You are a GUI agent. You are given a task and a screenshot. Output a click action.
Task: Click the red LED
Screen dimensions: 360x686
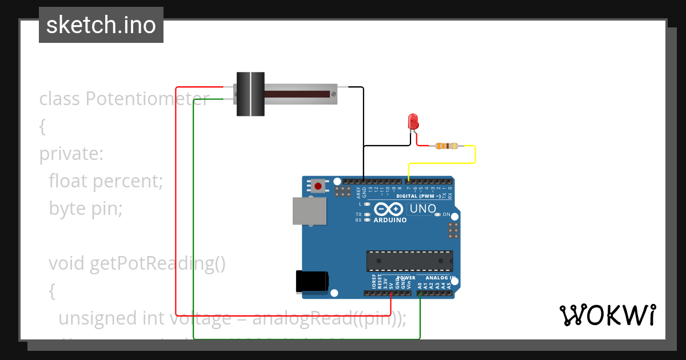[x=413, y=121]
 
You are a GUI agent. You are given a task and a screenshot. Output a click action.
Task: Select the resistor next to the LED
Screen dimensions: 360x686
[x=446, y=146]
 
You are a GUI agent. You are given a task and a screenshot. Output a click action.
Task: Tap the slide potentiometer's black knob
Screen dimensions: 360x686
[x=250, y=94]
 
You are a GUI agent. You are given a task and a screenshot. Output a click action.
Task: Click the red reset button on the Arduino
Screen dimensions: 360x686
[x=318, y=186]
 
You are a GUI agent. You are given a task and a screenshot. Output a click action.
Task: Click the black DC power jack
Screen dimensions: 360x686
[x=312, y=281]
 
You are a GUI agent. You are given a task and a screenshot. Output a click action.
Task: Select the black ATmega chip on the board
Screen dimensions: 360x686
[x=409, y=261]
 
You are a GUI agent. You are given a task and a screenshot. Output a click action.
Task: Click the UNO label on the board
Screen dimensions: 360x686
[x=423, y=209]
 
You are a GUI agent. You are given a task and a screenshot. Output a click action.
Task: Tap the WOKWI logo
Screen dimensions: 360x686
[x=607, y=315]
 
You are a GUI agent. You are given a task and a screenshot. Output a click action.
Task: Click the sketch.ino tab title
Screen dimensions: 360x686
[x=101, y=25]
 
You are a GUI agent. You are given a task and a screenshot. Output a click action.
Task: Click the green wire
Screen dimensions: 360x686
[x=194, y=229]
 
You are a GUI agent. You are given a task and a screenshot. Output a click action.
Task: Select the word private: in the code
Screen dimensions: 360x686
[x=71, y=154]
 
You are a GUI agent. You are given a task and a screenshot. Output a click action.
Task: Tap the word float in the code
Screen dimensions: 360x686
[x=68, y=181]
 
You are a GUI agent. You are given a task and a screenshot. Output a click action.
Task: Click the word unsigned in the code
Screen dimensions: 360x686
[x=91, y=318]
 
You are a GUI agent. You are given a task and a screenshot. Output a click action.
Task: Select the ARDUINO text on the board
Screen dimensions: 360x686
[x=390, y=220]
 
